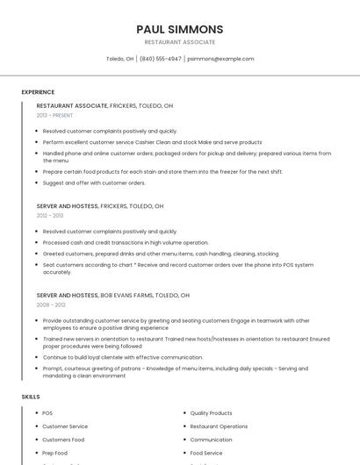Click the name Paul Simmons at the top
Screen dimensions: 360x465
coord(180,29)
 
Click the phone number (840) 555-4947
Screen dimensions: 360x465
coord(161,59)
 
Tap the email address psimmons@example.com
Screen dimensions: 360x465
coord(220,59)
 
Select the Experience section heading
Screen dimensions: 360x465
coord(38,92)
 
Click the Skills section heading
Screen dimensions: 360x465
coord(31,397)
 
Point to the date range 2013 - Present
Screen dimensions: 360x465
coord(54,115)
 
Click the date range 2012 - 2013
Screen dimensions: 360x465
coord(50,215)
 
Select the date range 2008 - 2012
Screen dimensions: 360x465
coord(51,304)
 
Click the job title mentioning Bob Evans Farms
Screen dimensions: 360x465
coord(112,296)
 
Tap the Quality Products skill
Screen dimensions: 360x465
coord(211,413)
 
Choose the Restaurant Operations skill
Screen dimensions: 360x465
coord(219,426)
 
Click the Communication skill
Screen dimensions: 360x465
coord(211,440)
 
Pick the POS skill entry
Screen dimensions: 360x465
coord(47,413)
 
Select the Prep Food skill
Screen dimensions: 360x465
coord(54,453)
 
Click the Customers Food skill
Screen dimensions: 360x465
coord(63,440)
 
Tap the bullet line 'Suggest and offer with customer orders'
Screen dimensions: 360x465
coord(94,182)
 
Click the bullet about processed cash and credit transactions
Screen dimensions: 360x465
coord(126,242)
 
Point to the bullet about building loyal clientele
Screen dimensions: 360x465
coord(122,357)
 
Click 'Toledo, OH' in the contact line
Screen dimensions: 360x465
coord(119,59)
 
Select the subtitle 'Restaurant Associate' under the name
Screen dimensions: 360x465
coord(180,42)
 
